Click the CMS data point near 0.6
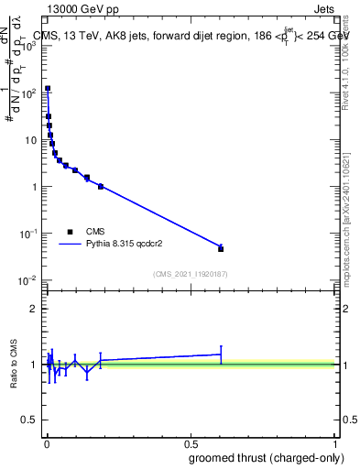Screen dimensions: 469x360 [x=221, y=248]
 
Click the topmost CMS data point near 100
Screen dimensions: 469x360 [x=48, y=89]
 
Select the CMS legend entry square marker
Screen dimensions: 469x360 [x=71, y=232]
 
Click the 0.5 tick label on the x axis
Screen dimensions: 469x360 [x=191, y=443]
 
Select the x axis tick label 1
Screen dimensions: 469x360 [x=335, y=443]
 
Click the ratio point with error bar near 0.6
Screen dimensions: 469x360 [x=221, y=354]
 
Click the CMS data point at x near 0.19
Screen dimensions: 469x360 [x=101, y=186]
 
